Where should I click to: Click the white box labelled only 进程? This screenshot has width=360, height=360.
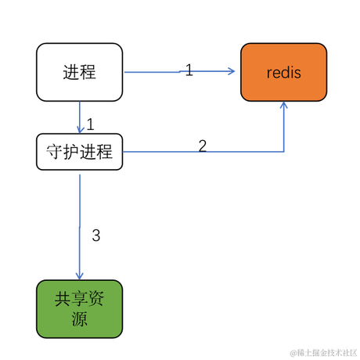pyautogui.click(x=79, y=72)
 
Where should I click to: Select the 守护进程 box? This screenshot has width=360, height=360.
pyautogui.click(x=79, y=151)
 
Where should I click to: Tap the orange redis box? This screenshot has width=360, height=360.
pyautogui.click(x=283, y=72)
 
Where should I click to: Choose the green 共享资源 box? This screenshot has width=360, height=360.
pyautogui.click(x=79, y=308)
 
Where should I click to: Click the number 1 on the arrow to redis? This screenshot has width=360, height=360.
pyautogui.click(x=189, y=70)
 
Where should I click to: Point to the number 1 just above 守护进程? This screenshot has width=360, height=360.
pyautogui.click(x=91, y=124)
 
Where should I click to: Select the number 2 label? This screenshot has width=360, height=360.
pyautogui.click(x=202, y=146)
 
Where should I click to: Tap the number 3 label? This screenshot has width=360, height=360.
pyautogui.click(x=96, y=235)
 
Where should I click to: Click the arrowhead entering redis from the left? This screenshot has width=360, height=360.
pyautogui.click(x=231, y=71)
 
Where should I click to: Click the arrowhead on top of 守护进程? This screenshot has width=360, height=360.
pyautogui.click(x=79, y=129)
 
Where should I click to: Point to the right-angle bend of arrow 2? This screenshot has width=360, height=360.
pyautogui.click(x=283, y=152)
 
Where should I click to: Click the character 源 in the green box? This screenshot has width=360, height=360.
pyautogui.click(x=79, y=319)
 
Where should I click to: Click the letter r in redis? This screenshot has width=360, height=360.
pyautogui.click(x=269, y=73)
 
